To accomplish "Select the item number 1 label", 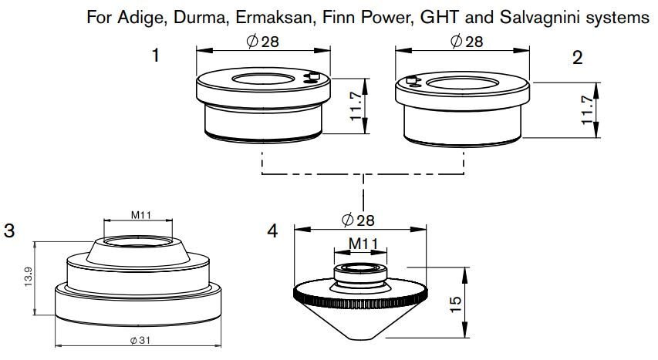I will (x=157, y=56).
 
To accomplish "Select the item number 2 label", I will (x=578, y=56).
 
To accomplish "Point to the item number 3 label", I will (x=9, y=231).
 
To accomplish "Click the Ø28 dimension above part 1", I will (x=262, y=42).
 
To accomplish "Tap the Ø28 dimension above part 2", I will (x=467, y=42).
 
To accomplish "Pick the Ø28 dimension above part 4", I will (x=357, y=220).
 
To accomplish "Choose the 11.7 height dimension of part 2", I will (x=588, y=110).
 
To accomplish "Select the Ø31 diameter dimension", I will (x=140, y=341).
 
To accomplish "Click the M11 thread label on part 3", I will (x=140, y=215).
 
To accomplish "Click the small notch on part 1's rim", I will (x=312, y=76).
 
